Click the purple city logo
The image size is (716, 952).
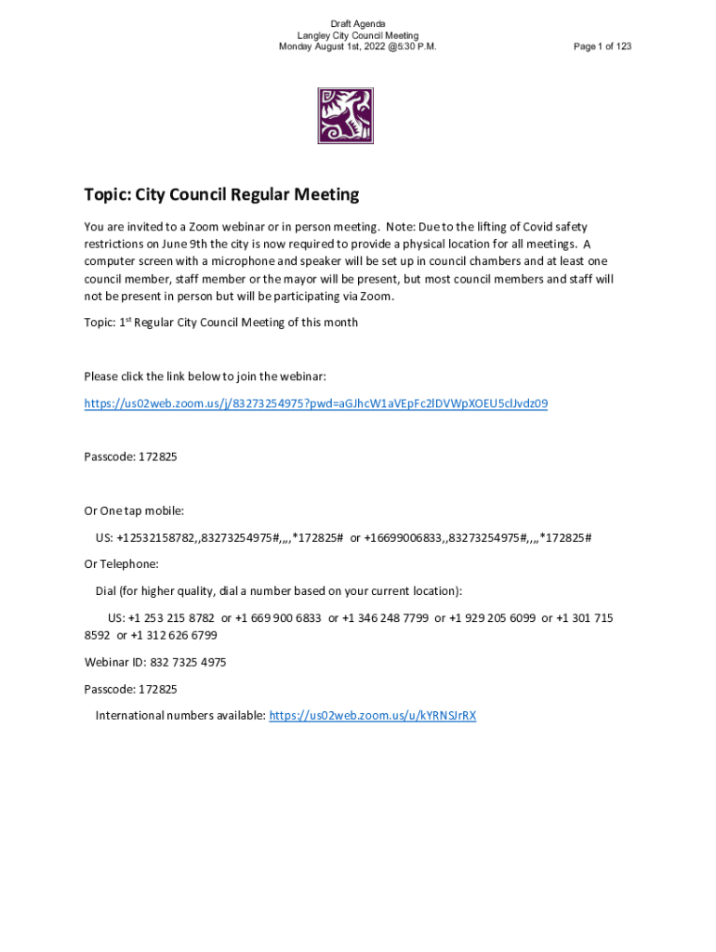pyautogui.click(x=345, y=116)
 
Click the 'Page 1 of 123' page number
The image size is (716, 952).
pyautogui.click(x=603, y=46)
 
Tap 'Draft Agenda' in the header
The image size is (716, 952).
pyautogui.click(x=358, y=23)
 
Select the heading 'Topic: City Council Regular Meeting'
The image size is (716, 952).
pyautogui.click(x=221, y=194)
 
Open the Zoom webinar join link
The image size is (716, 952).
pyautogui.click(x=315, y=403)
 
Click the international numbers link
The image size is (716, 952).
pyautogui.click(x=372, y=716)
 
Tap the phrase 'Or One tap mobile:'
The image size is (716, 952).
pyautogui.click(x=134, y=510)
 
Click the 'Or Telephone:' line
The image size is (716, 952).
pyautogui.click(x=121, y=564)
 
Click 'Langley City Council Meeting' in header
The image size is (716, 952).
pyautogui.click(x=358, y=35)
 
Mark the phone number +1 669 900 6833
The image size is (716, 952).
pyautogui.click(x=278, y=618)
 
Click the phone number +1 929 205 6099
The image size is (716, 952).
pyautogui.click(x=492, y=618)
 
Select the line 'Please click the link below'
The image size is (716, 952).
pyautogui.click(x=205, y=377)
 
